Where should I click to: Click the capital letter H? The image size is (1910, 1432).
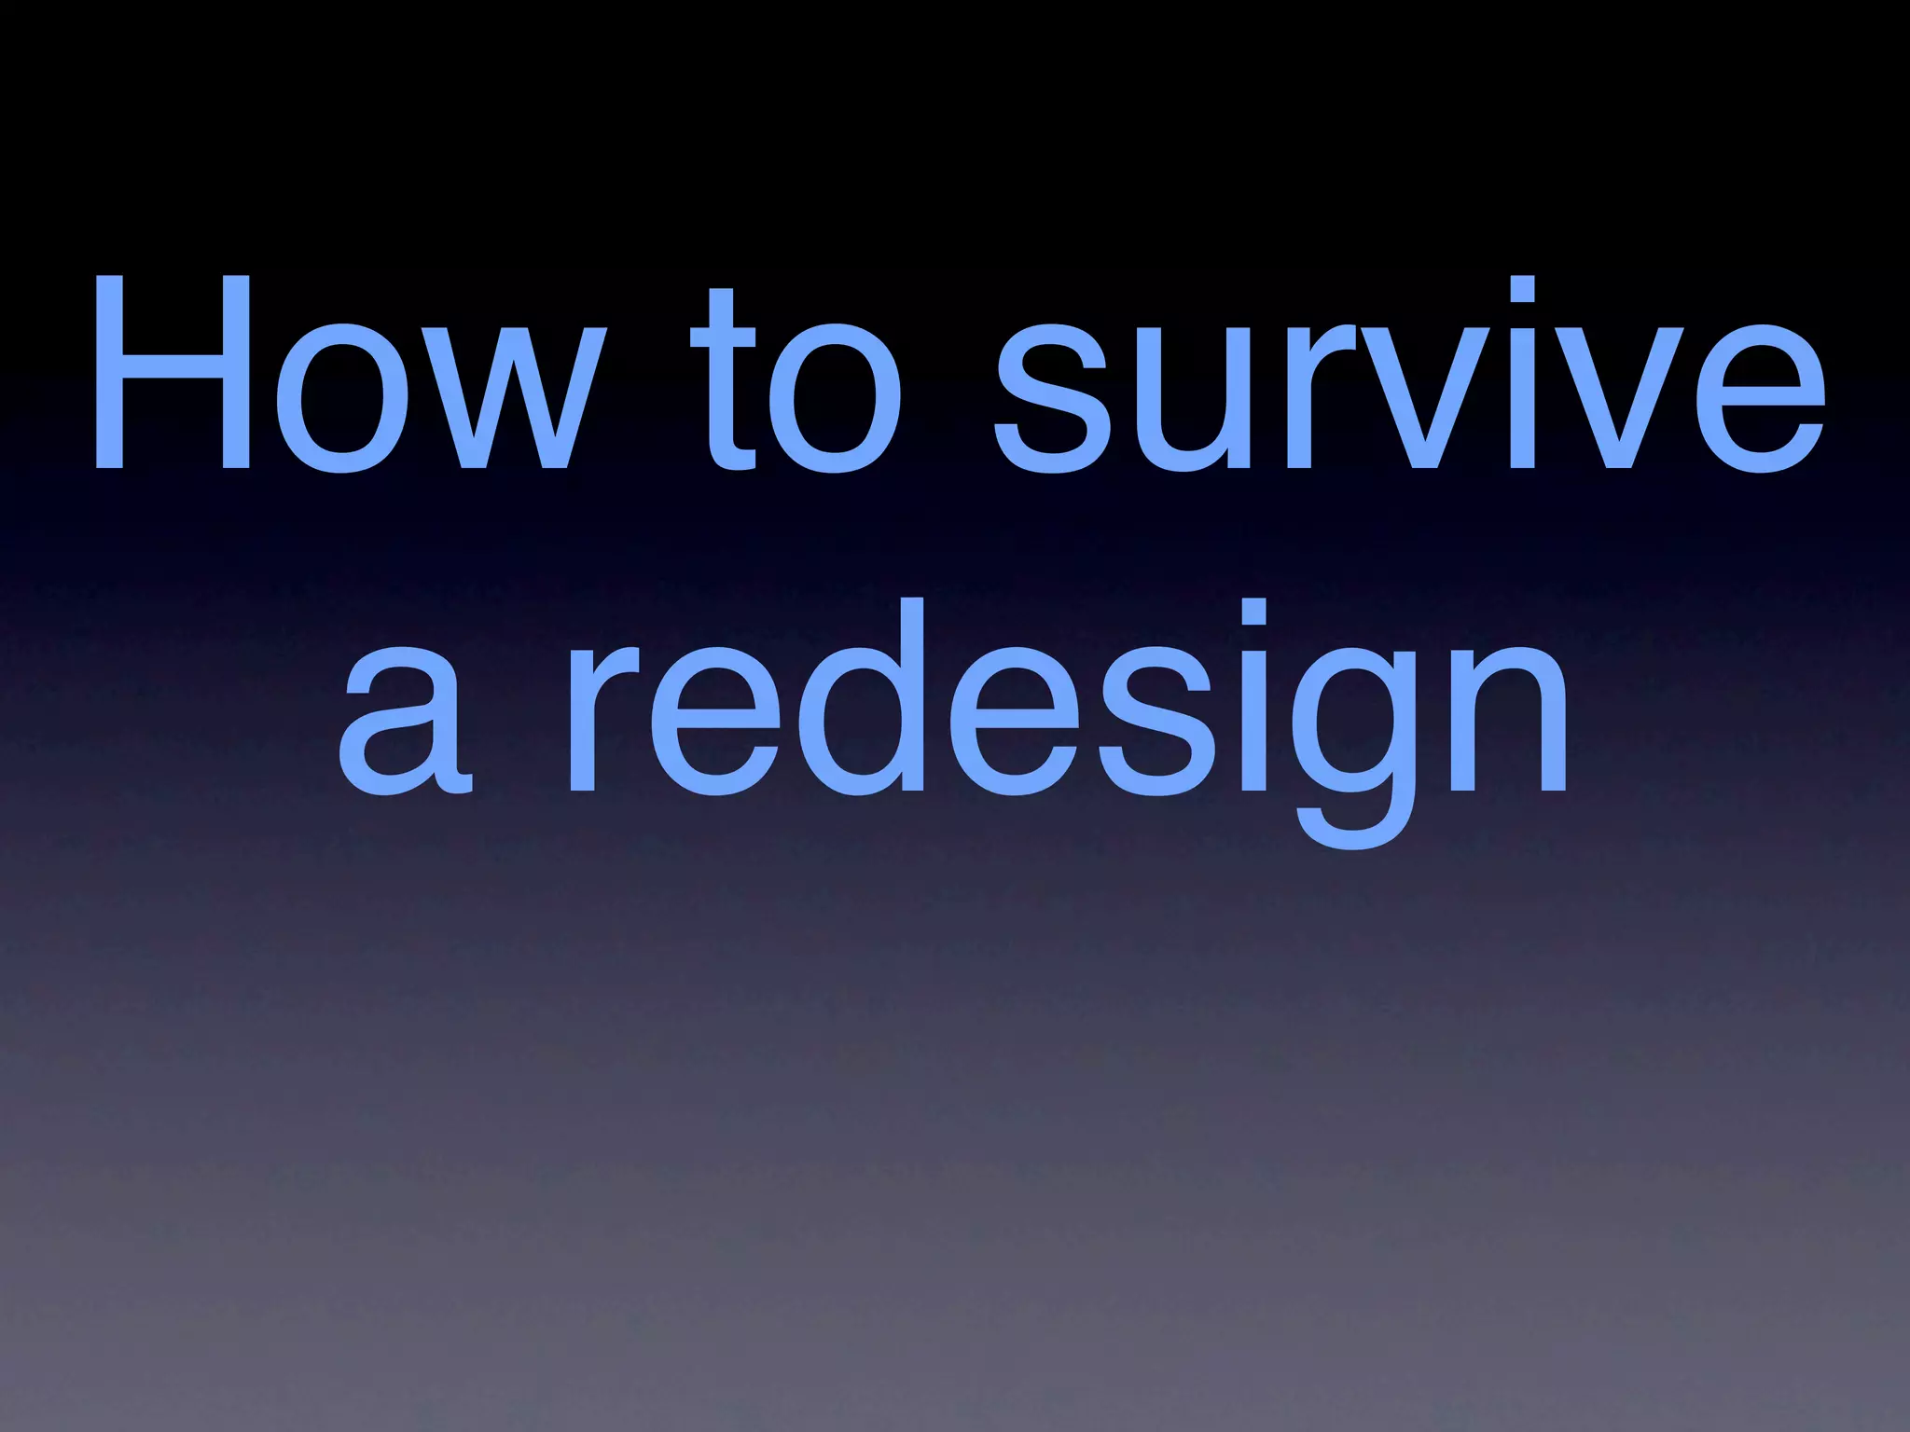(x=172, y=373)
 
